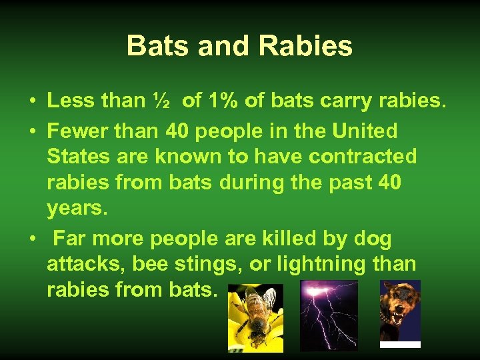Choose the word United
371,131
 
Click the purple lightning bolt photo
329,315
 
